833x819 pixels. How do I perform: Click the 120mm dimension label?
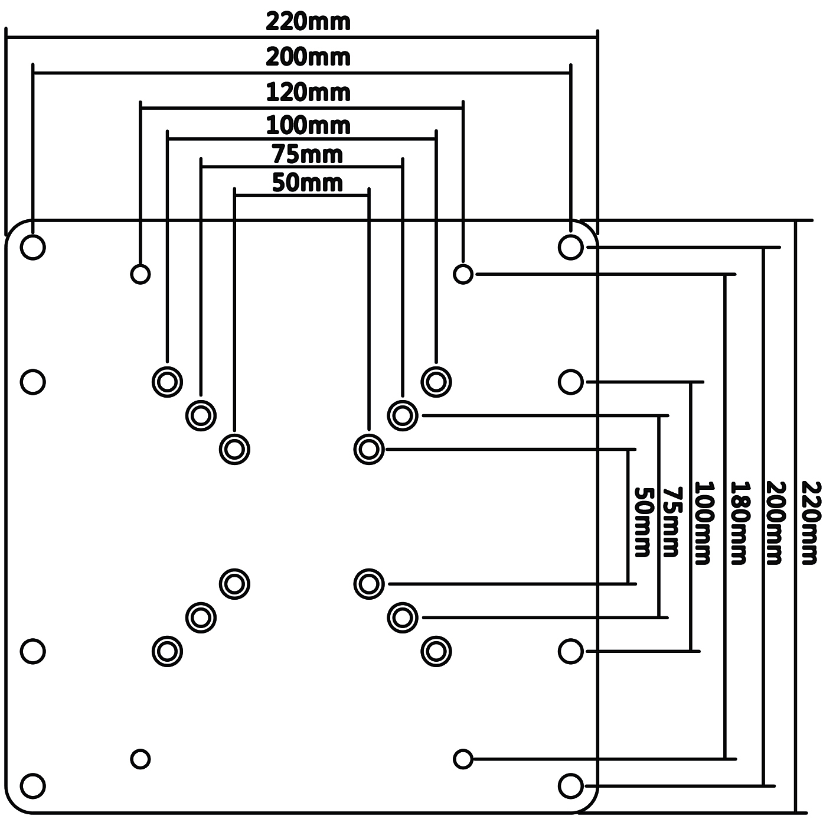[308, 93]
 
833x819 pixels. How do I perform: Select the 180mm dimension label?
[739, 522]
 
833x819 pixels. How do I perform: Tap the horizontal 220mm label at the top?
[308, 22]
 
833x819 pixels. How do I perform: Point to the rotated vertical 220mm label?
[810, 522]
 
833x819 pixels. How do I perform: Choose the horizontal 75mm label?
[308, 154]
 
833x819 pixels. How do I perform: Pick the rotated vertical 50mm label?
[642, 522]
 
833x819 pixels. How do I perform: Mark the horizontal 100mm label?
[308, 125]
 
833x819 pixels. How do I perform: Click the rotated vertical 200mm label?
[775, 522]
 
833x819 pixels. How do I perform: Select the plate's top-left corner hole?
[32, 247]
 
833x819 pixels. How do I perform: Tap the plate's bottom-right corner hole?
[570, 786]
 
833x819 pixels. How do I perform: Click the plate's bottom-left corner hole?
[32, 786]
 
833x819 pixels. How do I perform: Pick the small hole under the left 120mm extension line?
[140, 274]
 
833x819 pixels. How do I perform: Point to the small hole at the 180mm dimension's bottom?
[463, 759]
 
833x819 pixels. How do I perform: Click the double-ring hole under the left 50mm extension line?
[234, 449]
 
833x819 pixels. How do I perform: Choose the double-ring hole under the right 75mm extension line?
[403, 415]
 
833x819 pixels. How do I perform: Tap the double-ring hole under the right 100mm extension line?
[436, 382]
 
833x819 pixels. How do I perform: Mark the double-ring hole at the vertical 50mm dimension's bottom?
[369, 584]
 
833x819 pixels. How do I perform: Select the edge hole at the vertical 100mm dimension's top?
[570, 382]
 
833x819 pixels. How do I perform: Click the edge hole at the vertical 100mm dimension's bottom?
[570, 651]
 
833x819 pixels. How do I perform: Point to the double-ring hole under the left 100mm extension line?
[167, 382]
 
